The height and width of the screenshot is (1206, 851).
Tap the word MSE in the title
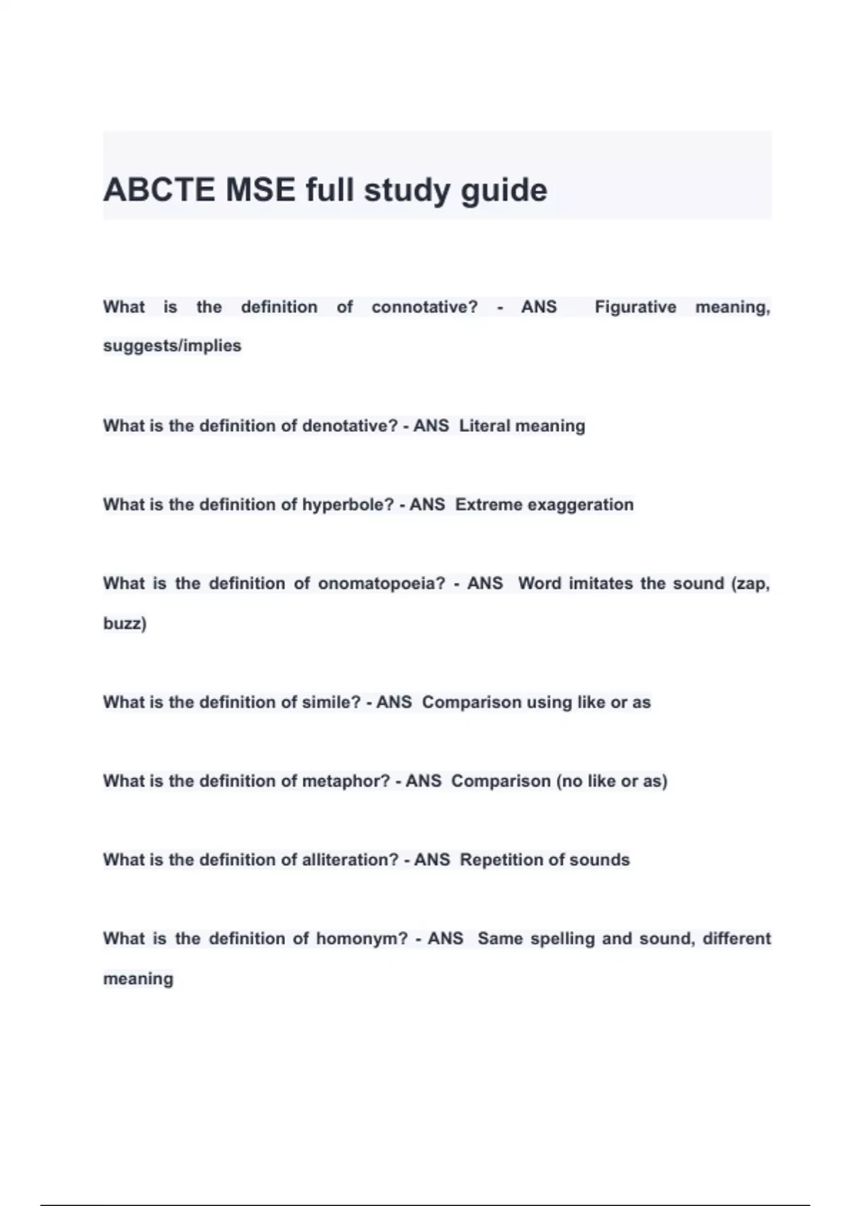pyautogui.click(x=260, y=190)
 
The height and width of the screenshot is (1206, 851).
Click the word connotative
pyautogui.click(x=424, y=307)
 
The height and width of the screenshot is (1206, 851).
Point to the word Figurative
pyautogui.click(x=635, y=307)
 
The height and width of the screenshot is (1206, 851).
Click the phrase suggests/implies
pyautogui.click(x=172, y=346)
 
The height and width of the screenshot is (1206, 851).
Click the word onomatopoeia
pyautogui.click(x=381, y=584)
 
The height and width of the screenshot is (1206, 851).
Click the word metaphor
pyautogui.click(x=345, y=781)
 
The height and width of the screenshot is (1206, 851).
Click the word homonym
pyautogui.click(x=361, y=939)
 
